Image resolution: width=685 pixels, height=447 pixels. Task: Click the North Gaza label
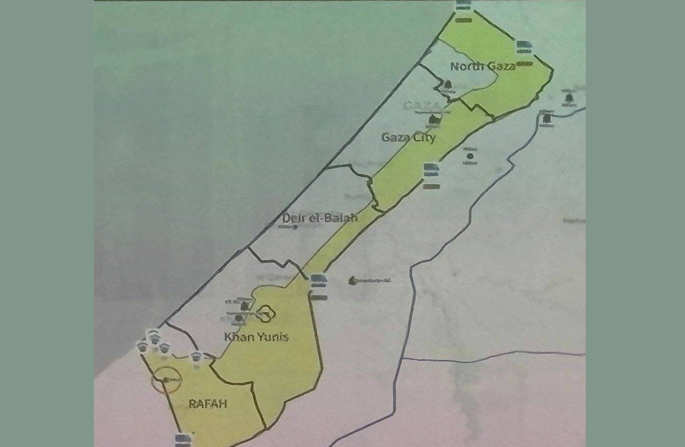tap(482, 66)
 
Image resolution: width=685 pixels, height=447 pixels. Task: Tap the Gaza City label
tap(408, 137)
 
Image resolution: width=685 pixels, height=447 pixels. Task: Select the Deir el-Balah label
tap(320, 218)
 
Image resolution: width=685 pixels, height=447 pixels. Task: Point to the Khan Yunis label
tap(256, 336)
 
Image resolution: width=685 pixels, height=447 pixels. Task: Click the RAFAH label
tap(208, 404)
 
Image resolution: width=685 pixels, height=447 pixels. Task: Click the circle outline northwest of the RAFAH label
tap(166, 380)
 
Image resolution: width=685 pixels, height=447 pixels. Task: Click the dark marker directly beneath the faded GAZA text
tap(434, 120)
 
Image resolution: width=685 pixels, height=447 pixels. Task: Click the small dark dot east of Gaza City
tap(470, 156)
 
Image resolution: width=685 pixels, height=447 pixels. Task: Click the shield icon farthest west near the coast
tap(142, 347)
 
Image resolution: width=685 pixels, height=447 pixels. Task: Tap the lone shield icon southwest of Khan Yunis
tap(197, 356)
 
